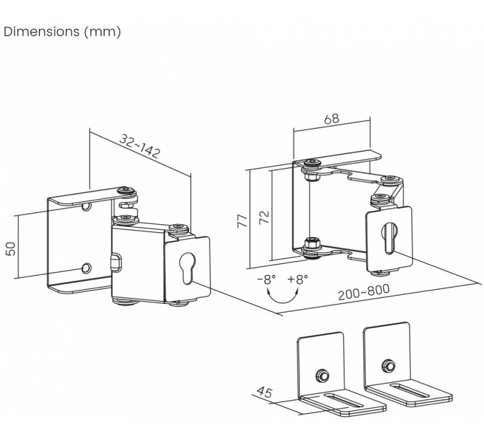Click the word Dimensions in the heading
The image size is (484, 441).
pyautogui.click(x=42, y=31)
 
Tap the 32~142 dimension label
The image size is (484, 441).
pyautogui.click(x=140, y=146)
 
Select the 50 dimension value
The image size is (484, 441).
pyautogui.click(x=10, y=249)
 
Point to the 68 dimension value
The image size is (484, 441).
pyautogui.click(x=332, y=118)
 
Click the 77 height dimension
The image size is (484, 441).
pyautogui.click(x=243, y=221)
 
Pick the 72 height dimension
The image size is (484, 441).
pyautogui.click(x=264, y=217)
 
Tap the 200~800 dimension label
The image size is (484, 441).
pyautogui.click(x=364, y=292)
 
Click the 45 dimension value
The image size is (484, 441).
pyautogui.click(x=264, y=392)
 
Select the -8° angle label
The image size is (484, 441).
pyautogui.click(x=266, y=280)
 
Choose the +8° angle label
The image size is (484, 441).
pyautogui.click(x=298, y=279)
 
